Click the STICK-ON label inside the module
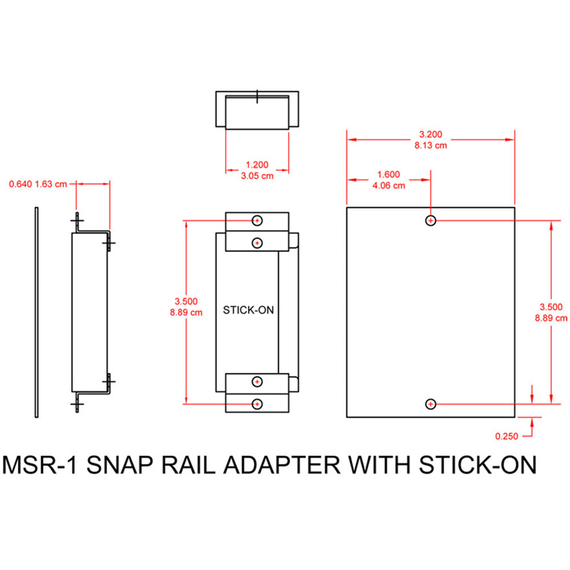247,310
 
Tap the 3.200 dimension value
430,135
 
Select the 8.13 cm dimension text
430,145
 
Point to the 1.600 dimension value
389,175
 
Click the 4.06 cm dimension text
389,185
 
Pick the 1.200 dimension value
256,165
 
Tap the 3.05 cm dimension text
256,176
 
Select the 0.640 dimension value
21,184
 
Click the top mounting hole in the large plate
431,221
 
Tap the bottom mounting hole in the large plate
431,404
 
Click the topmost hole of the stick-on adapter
258,220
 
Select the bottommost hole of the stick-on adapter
258,404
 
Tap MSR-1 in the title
39,465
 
